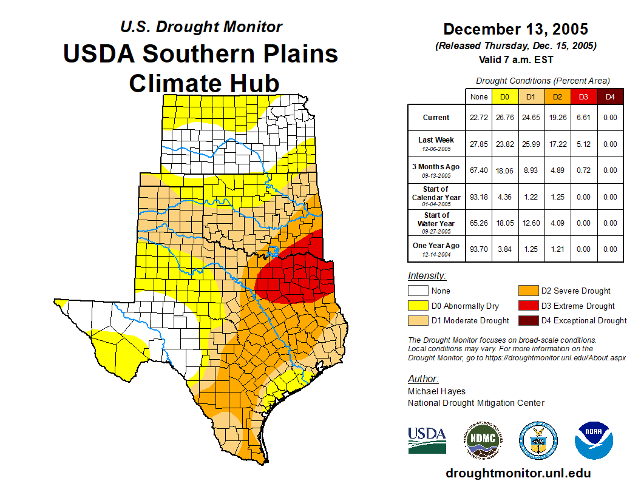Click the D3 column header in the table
[583, 96]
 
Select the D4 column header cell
[609, 96]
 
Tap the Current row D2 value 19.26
[557, 118]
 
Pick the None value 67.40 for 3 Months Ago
[479, 170]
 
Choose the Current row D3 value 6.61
[583, 118]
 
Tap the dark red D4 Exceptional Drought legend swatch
[527, 320]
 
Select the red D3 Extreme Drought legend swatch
[527, 306]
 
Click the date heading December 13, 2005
[515, 29]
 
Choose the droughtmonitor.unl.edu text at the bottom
[518, 473]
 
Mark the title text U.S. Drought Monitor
[201, 27]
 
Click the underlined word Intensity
[427, 276]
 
